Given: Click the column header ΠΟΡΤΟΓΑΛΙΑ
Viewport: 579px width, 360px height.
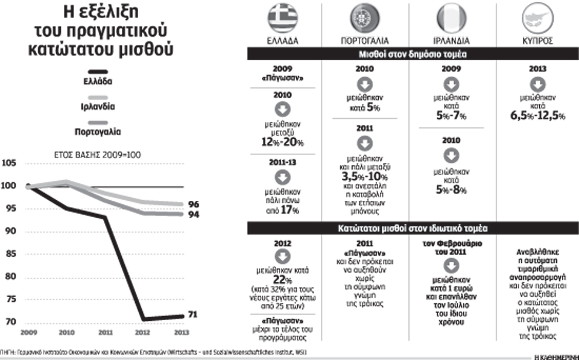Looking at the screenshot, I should coord(365,43).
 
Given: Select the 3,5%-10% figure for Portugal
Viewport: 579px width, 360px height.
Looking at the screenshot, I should coord(365,175).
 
